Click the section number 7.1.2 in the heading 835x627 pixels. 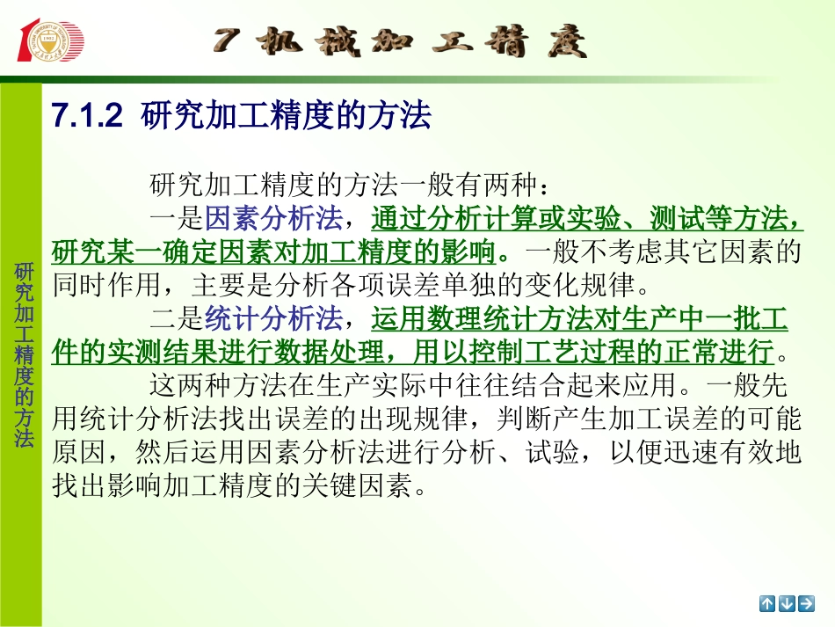point(86,116)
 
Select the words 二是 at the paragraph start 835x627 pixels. point(177,318)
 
